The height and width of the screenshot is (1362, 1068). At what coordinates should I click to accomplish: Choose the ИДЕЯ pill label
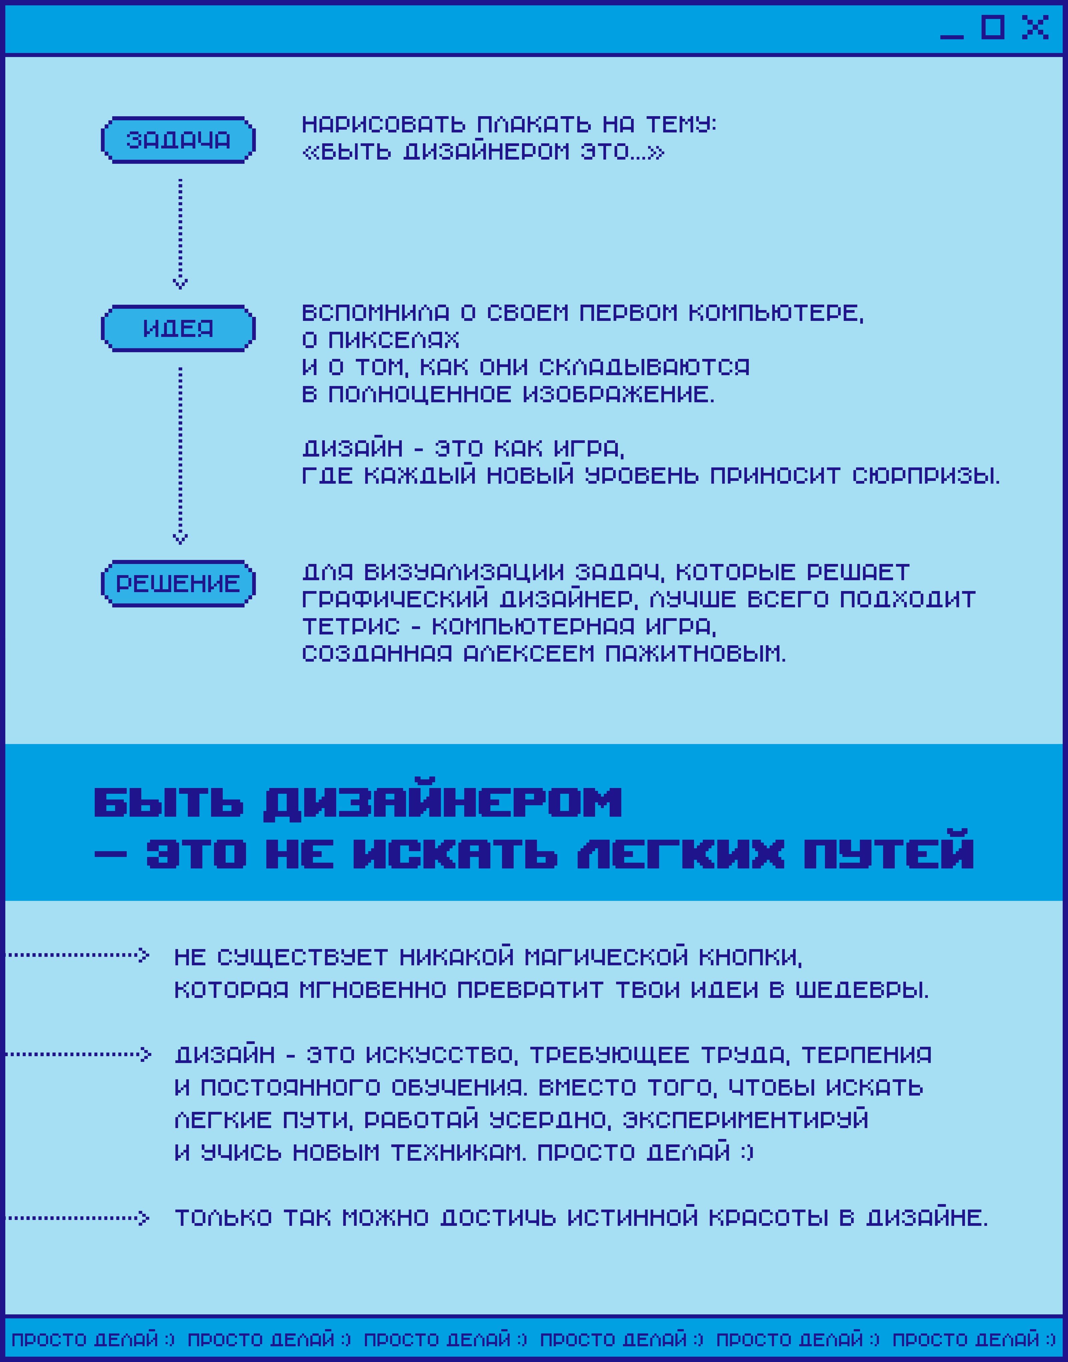[178, 328]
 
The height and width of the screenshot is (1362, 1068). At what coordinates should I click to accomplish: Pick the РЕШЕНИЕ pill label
[178, 584]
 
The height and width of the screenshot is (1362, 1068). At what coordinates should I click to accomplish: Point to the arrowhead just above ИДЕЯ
[180, 284]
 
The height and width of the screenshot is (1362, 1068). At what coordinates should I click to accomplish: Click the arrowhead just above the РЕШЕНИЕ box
[180, 538]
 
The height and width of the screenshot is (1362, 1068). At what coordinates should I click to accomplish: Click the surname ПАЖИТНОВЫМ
[695, 654]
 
